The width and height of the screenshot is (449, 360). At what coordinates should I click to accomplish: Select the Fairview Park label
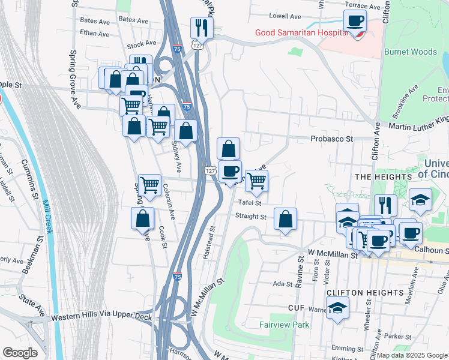(284, 325)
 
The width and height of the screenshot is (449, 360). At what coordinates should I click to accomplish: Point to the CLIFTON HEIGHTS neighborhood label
(364, 292)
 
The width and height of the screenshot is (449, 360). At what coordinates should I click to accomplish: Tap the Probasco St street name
(333, 139)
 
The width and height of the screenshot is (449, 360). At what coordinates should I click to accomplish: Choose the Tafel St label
(251, 202)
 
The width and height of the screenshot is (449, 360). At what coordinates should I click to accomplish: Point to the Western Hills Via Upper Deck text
(100, 316)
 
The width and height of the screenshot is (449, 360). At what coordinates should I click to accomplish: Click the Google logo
(20, 352)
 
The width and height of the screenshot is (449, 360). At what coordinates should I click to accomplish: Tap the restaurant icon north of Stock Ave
(200, 27)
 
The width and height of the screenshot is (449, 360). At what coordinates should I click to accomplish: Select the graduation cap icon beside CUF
(337, 309)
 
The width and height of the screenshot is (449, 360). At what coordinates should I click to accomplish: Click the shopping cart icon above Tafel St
(256, 180)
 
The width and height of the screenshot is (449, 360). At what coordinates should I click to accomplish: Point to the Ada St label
(282, 283)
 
